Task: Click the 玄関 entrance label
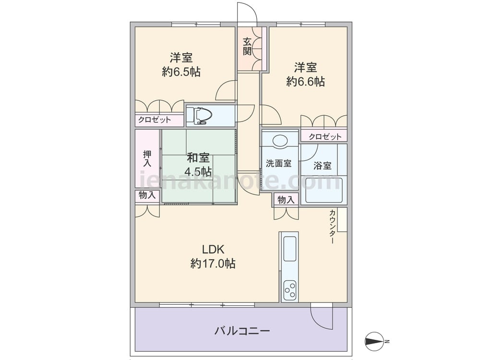point(247,46)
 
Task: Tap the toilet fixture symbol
point(199,116)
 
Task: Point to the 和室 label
point(198,157)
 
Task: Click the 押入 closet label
point(147,158)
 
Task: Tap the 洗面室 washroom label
point(279,163)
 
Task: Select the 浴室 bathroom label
point(323,166)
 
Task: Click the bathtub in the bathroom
point(324,190)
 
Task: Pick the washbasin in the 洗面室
point(280,140)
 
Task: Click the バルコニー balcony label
point(242,331)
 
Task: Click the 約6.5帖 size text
point(181,72)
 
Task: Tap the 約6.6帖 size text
point(306,82)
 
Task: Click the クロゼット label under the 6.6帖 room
point(325,137)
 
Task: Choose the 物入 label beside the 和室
point(147,195)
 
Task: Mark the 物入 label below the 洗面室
point(286,200)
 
